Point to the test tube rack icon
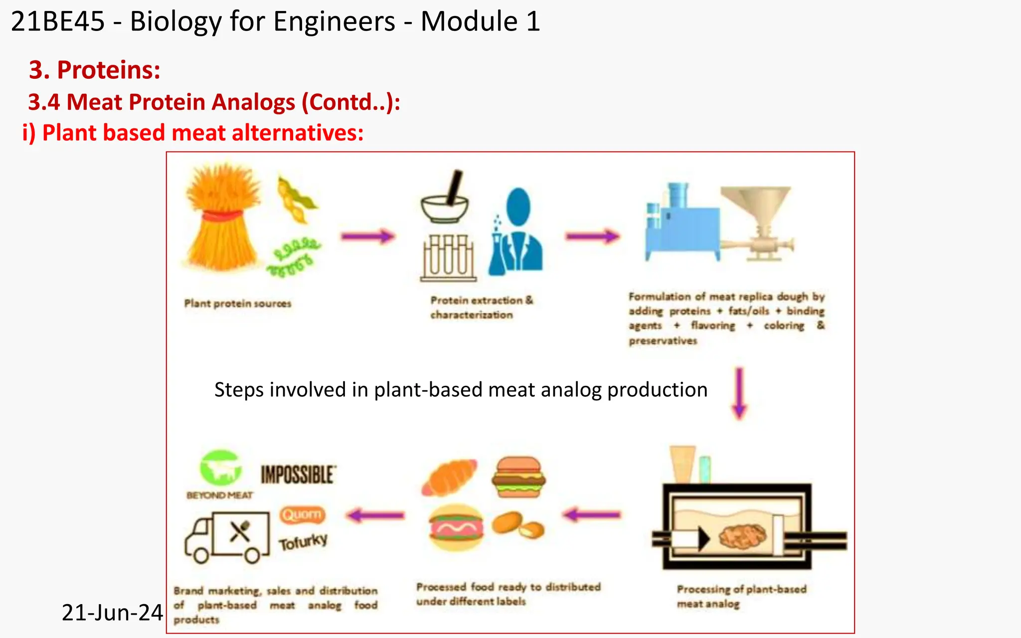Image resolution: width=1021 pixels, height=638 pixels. tap(448, 258)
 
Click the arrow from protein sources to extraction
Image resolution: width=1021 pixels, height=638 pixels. tap(368, 236)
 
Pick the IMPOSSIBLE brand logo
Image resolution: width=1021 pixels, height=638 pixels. tap(298, 475)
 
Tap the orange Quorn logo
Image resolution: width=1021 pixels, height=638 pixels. tap(302, 514)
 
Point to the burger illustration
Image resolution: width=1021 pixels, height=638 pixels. tap(518, 477)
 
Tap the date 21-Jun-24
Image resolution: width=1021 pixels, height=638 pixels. tap(112, 613)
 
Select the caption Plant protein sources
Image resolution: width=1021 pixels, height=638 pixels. tap(238, 304)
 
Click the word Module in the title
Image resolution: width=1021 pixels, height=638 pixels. tap(469, 21)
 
